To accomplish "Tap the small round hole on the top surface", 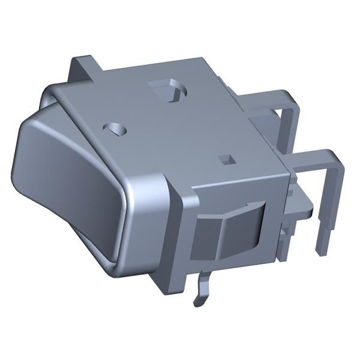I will pos(116,128).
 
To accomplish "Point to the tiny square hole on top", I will pos(226,159).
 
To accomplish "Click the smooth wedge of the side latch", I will pos(237,231).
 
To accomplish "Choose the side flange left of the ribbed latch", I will pos(183,234).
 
